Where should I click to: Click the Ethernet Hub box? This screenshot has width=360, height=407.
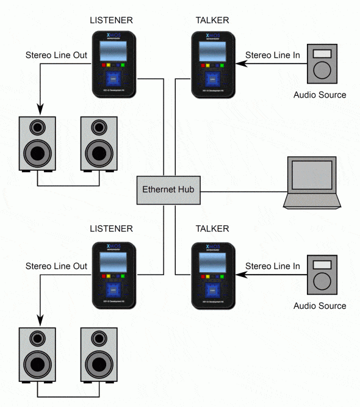point(166,189)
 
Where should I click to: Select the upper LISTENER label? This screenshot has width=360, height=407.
point(111,20)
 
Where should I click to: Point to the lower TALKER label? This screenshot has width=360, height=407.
point(212,229)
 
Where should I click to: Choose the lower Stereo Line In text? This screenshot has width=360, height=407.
point(272,266)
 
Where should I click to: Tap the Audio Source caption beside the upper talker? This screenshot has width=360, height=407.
point(320,95)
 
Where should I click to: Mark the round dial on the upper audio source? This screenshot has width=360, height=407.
point(320,70)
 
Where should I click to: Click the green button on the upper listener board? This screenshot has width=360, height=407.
point(123,63)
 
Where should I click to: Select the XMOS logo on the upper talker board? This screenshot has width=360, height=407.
point(212,36)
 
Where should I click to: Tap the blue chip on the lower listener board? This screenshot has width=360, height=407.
point(113,290)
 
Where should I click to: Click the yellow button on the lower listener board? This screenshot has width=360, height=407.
point(109,275)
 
